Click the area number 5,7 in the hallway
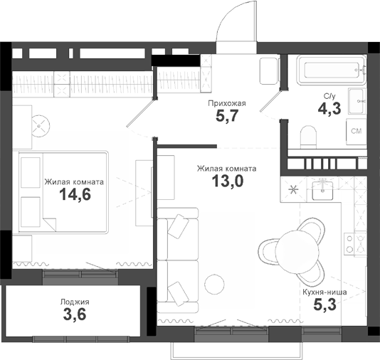click(x=226, y=116)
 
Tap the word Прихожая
click(x=226, y=103)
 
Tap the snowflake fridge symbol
click(x=292, y=189)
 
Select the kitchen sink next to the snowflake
click(x=324, y=189)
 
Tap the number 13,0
click(x=226, y=181)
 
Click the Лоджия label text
click(x=74, y=302)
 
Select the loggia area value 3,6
click(x=74, y=315)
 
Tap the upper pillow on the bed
click(x=31, y=171)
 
